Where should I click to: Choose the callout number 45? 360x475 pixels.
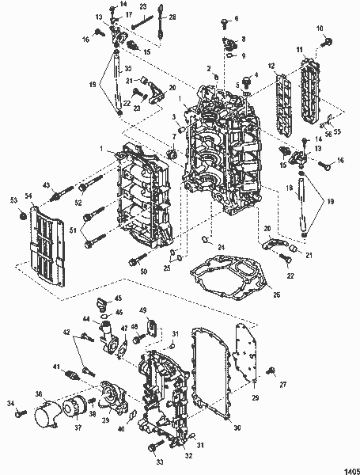pyautogui.click(x=118, y=298)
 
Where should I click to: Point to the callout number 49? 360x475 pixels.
pyautogui.click(x=143, y=309)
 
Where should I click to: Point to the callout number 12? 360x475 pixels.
pyautogui.click(x=271, y=64)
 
